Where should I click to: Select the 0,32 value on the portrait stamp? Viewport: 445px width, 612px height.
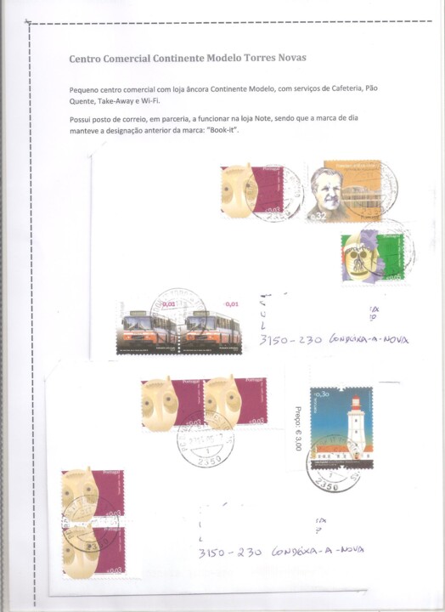pyautogui.click(x=317, y=218)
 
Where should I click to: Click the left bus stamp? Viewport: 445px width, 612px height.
pyautogui.click(x=149, y=326)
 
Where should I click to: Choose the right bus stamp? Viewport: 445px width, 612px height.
pyautogui.click(x=212, y=326)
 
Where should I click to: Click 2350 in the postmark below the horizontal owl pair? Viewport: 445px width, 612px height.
pyautogui.click(x=209, y=459)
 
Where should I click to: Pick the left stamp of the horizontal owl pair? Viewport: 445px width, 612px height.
pyautogui.click(x=172, y=402)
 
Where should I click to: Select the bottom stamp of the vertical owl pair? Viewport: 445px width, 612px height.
pyautogui.click(x=93, y=551)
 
